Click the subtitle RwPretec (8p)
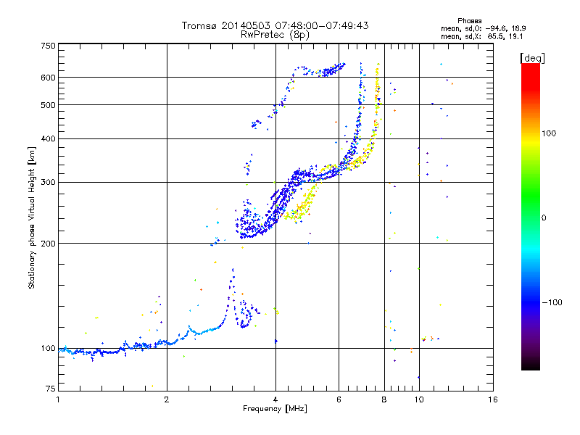(275, 35)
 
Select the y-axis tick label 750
(49, 46)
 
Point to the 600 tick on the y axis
(49, 78)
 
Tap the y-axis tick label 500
(49, 105)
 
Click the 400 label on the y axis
(49, 139)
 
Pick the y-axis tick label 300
(49, 183)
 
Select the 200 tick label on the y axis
(49, 244)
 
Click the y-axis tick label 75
(51, 389)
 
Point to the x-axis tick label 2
(167, 399)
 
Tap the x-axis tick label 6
(339, 399)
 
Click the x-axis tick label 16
(493, 399)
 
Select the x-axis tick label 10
(419, 399)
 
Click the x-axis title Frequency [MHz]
(275, 409)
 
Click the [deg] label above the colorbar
(532, 59)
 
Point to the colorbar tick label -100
(552, 302)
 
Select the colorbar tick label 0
(544, 218)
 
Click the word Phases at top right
(469, 21)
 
